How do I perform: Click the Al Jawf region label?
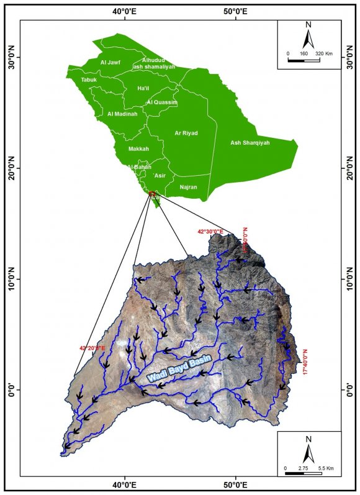click(x=110, y=62)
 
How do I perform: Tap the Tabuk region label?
click(x=89, y=80)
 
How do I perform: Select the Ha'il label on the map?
click(x=143, y=89)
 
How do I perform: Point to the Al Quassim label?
click(x=163, y=102)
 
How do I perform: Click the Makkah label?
click(x=138, y=149)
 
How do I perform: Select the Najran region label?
click(x=188, y=186)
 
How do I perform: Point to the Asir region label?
click(x=160, y=176)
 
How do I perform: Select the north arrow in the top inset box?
click(x=308, y=35)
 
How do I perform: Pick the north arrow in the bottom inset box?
click(x=308, y=447)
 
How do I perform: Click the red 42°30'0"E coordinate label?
click(x=211, y=232)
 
